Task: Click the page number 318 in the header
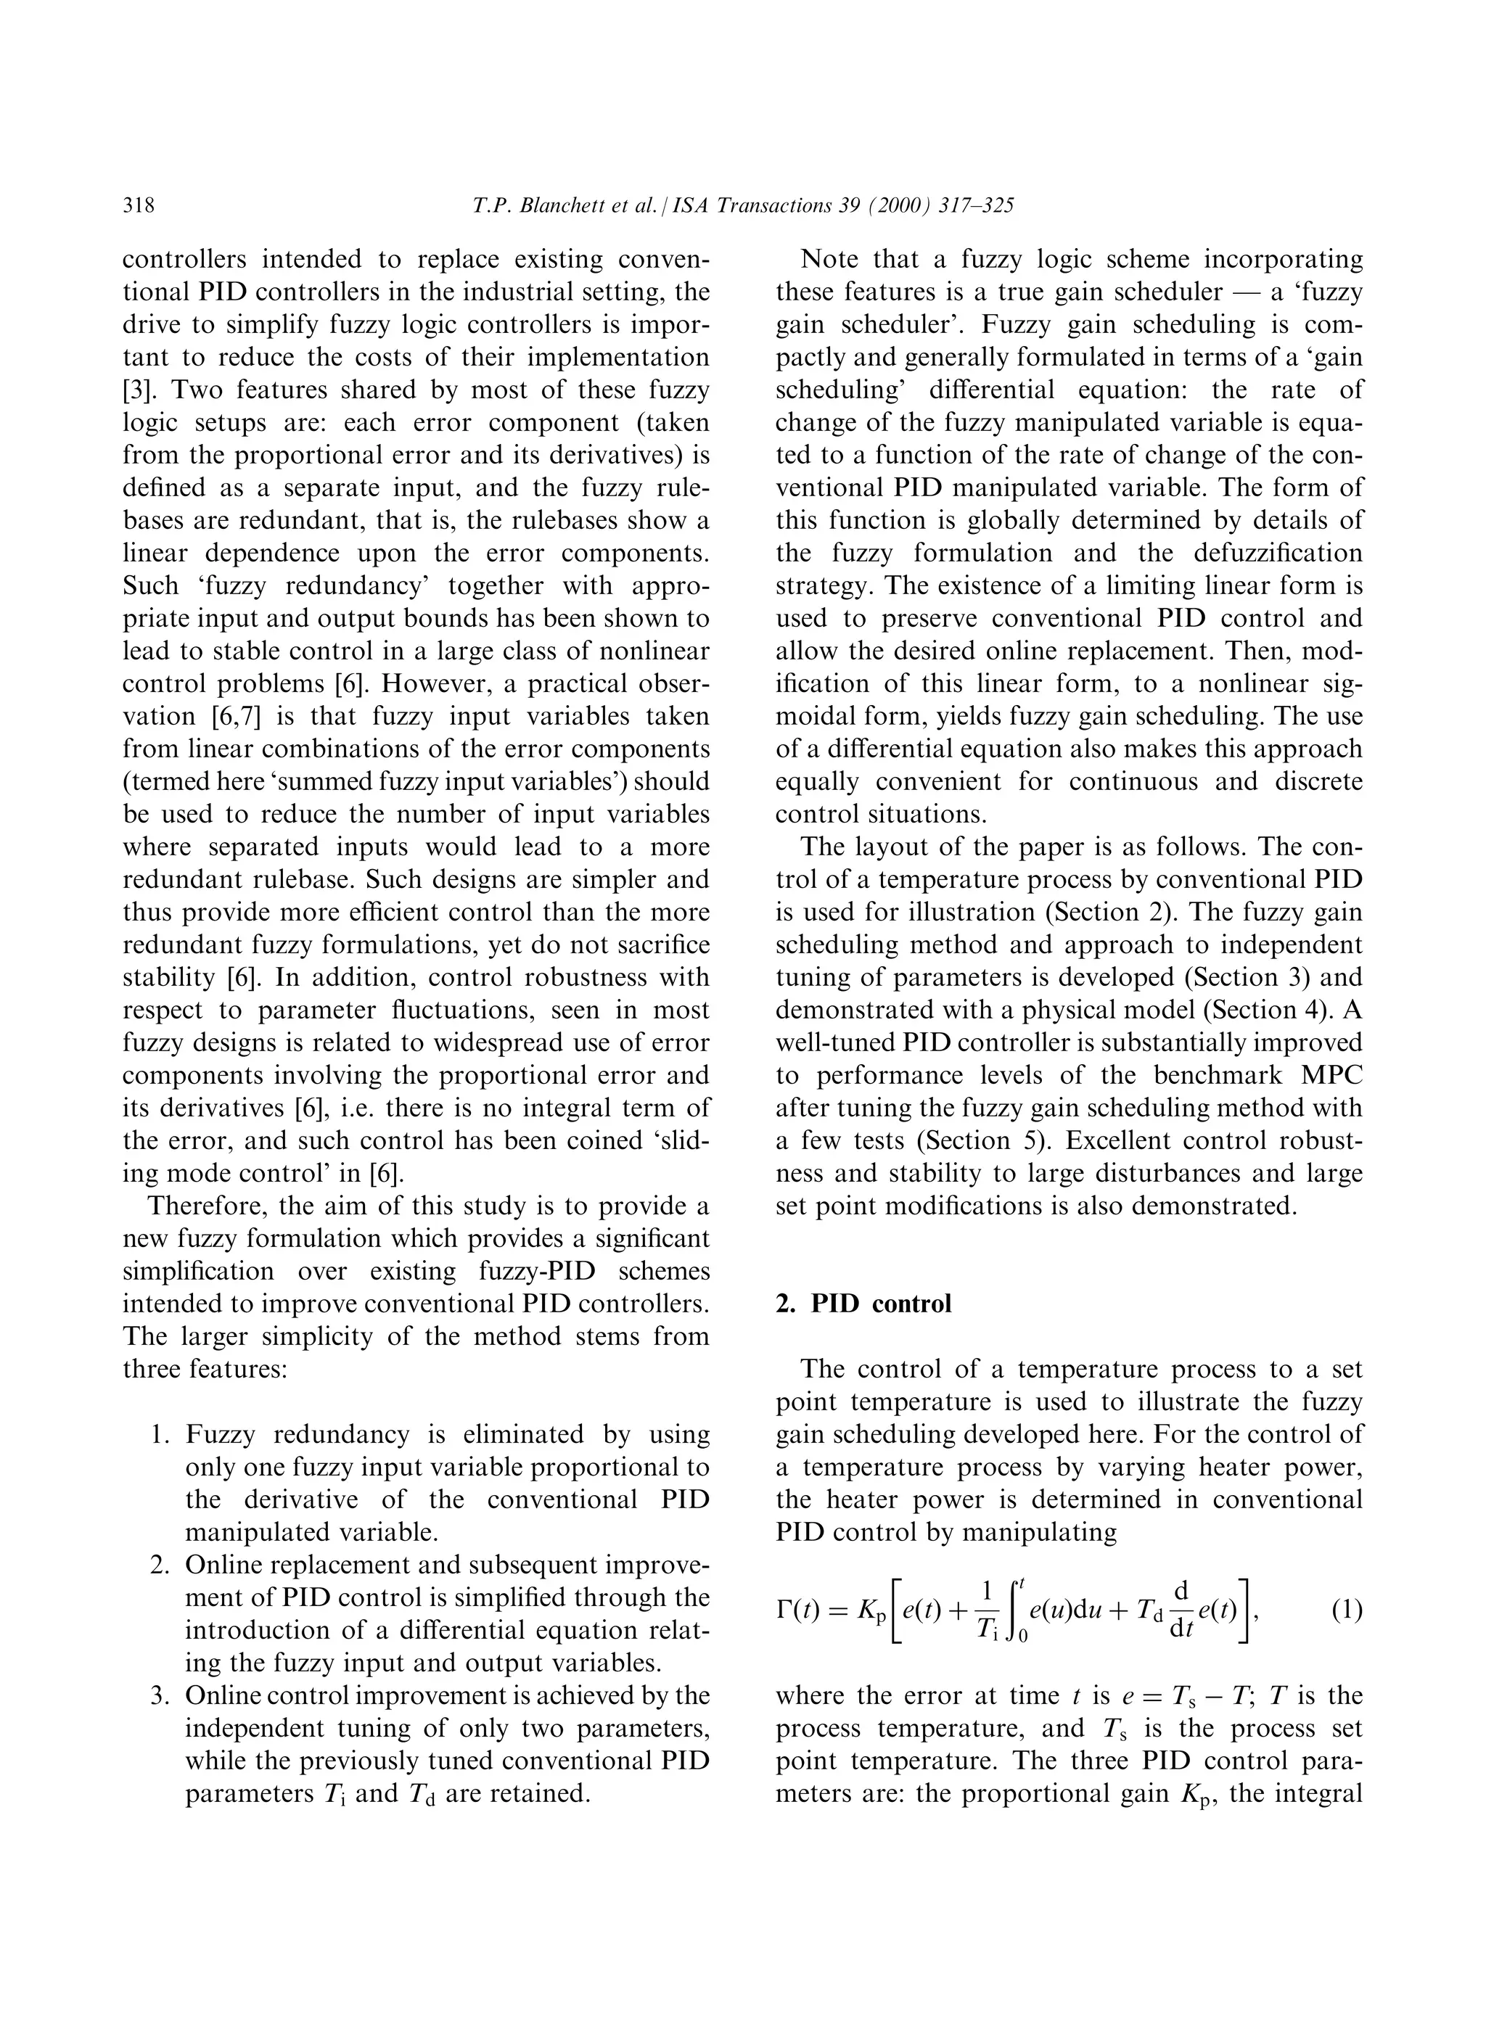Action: tap(139, 207)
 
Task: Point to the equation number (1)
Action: tap(1346, 1609)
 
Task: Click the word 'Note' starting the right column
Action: tap(829, 260)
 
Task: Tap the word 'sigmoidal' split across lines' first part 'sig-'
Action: tap(1336, 684)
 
